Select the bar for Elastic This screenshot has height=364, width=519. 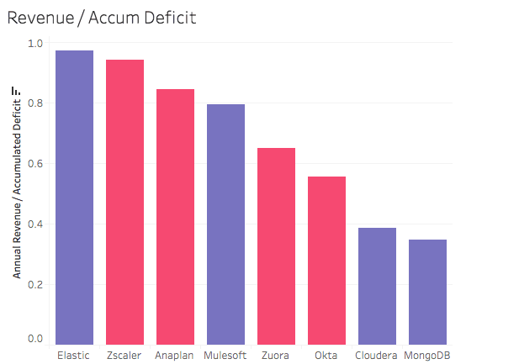[x=74, y=198]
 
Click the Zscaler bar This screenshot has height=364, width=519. [x=124, y=202]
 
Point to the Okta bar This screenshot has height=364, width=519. [x=326, y=261]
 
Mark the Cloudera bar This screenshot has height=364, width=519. [x=377, y=286]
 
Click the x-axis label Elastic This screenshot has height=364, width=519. [x=74, y=356]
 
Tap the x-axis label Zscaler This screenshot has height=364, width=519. [x=124, y=356]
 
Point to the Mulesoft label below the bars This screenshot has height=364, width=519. [x=225, y=356]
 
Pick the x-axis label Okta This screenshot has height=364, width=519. [x=326, y=356]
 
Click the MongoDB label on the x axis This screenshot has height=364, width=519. [x=427, y=356]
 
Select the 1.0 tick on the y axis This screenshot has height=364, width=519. [x=34, y=44]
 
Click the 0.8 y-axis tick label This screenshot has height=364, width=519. [x=34, y=104]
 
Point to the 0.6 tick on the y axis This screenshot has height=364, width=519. [x=34, y=164]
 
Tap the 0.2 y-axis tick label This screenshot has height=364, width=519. [x=34, y=284]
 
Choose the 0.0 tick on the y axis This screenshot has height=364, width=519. [x=34, y=339]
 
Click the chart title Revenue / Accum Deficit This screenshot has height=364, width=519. [x=101, y=18]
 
